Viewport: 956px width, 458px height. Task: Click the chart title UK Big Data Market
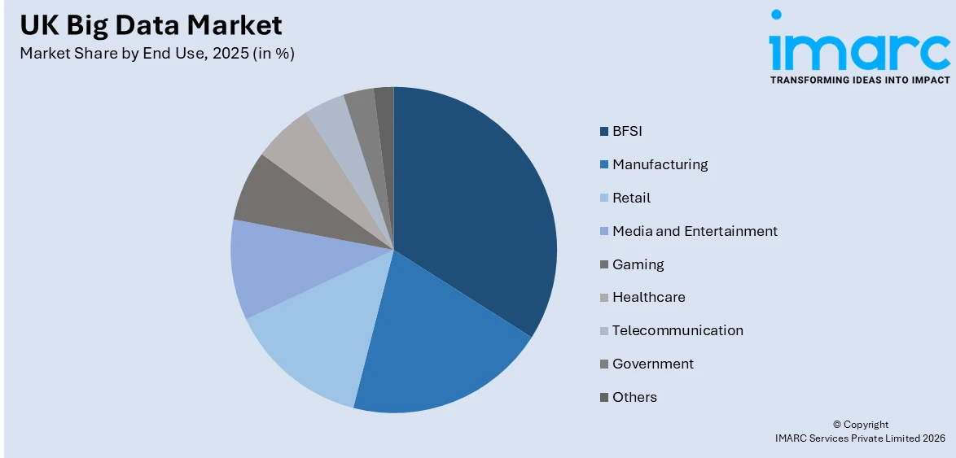151,25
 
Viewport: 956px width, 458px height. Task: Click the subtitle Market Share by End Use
157,55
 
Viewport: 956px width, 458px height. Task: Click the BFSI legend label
627,131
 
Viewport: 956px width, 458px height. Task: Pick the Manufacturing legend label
660,164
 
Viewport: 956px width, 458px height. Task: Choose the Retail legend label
631,198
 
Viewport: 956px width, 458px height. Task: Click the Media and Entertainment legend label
695,231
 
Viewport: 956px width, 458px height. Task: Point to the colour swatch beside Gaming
603,264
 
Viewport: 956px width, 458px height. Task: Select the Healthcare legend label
648,297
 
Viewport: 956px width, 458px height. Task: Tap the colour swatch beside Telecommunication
603,330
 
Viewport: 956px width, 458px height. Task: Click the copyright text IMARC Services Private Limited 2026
860,438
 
